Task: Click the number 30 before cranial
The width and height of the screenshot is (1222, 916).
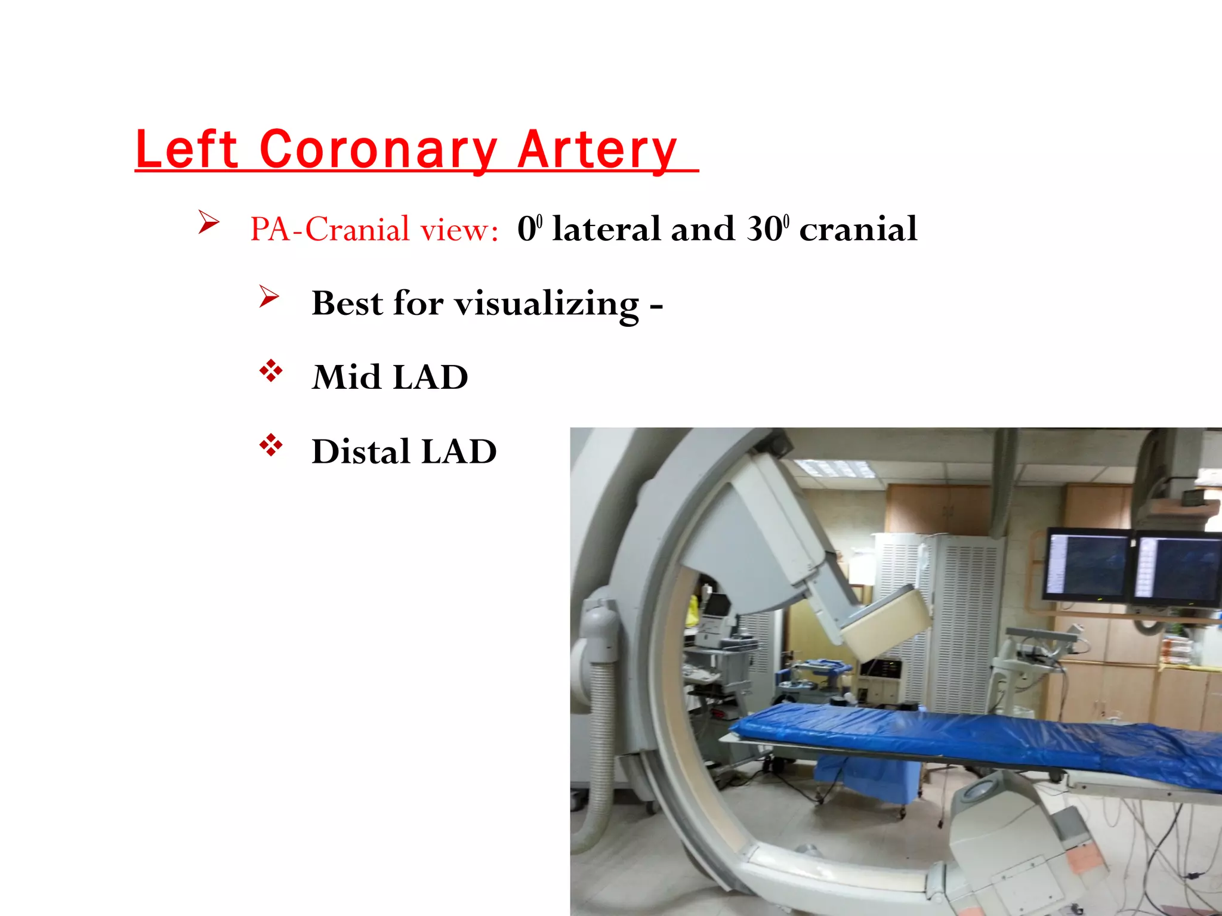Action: [x=764, y=229]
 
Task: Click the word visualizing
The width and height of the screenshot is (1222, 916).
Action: [x=547, y=304]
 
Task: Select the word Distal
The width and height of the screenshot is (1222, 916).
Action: [x=360, y=451]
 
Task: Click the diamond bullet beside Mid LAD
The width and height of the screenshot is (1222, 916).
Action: [x=270, y=371]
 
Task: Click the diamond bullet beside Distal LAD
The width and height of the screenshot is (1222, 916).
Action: [x=270, y=445]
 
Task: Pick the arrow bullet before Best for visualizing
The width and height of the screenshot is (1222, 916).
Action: [x=269, y=296]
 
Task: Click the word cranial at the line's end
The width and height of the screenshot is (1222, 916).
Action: [x=858, y=229]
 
